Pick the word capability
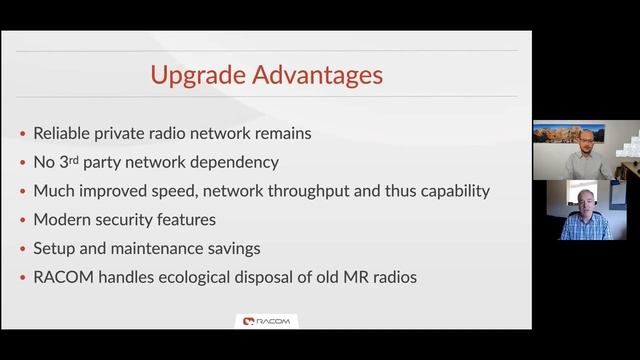(453, 190)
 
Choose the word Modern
(63, 219)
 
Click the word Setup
(55, 248)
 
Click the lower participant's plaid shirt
(585, 227)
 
